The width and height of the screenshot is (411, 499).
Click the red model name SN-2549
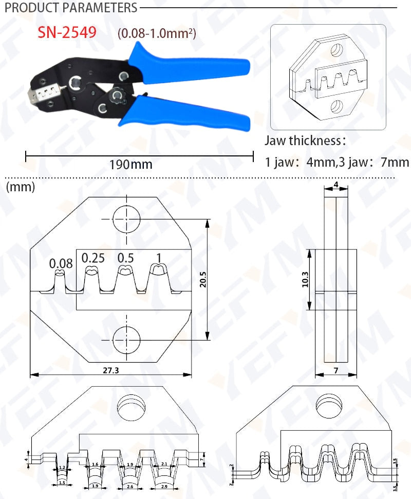tap(67, 33)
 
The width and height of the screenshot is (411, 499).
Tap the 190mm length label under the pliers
tap(130, 165)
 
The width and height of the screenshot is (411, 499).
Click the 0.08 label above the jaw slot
tap(61, 264)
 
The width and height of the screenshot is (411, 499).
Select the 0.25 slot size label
tap(93, 257)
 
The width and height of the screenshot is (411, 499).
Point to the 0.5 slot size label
tap(125, 257)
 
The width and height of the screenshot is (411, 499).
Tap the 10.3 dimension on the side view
tap(305, 280)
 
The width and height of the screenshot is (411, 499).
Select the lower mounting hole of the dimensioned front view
tap(126, 339)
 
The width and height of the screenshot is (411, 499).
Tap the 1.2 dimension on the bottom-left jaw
tap(62, 468)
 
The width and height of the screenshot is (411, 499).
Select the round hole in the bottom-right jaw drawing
tap(329, 405)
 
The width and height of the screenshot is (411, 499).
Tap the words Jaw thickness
tap(303, 140)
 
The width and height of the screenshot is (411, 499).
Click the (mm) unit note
tap(21, 187)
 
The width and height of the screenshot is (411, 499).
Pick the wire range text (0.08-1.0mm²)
tap(157, 34)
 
